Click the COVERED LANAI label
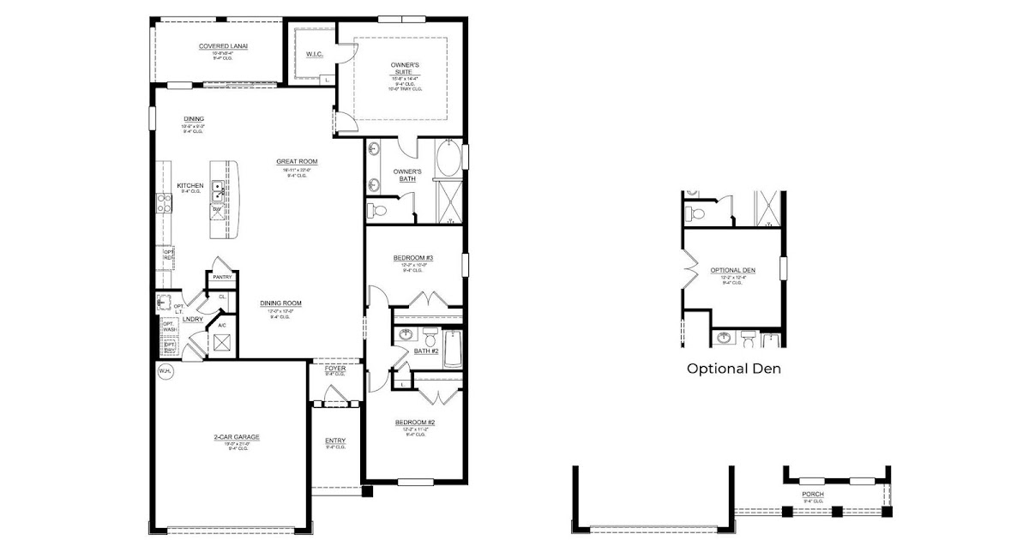coord(218,46)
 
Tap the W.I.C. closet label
coord(314,55)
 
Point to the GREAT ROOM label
coord(297,161)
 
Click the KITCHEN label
coord(190,186)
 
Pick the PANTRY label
coord(222,277)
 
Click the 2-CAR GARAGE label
coord(237,437)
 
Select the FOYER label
coord(335,369)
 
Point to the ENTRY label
coord(335,441)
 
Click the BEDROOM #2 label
coord(415,423)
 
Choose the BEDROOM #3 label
coord(413,258)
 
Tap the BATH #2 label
coord(426,351)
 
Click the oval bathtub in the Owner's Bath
coord(448,160)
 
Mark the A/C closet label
coord(221,326)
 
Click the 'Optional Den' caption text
coord(733,369)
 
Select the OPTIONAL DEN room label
coord(732,271)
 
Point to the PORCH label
coord(812,495)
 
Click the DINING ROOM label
coord(280,303)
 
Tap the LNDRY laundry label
coord(192,319)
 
